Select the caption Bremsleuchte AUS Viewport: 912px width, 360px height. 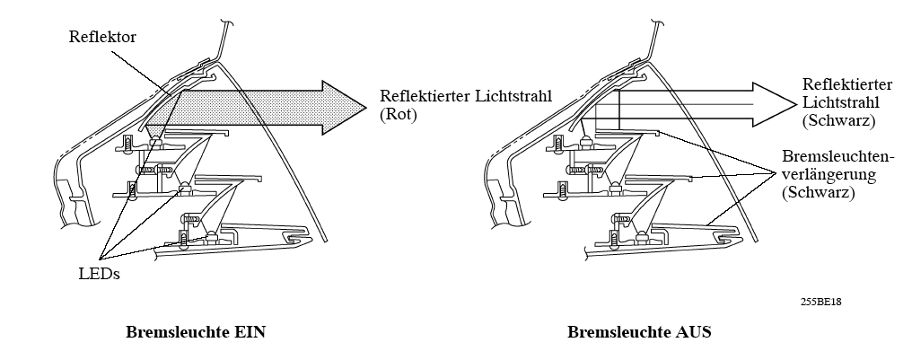[639, 332]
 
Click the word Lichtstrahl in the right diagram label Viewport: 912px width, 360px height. [829, 101]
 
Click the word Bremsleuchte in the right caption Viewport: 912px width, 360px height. [616, 332]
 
